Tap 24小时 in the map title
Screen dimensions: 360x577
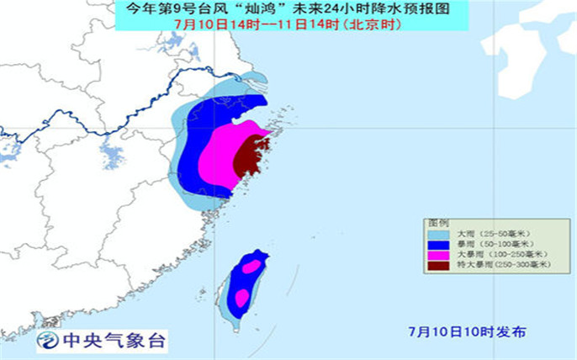pos(346,9)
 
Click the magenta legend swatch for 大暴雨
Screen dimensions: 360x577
pos(438,253)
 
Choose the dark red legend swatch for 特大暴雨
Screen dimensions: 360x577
pos(438,264)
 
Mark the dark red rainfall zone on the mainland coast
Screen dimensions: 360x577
pos(248,156)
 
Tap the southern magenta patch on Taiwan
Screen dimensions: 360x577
pos(241,297)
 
